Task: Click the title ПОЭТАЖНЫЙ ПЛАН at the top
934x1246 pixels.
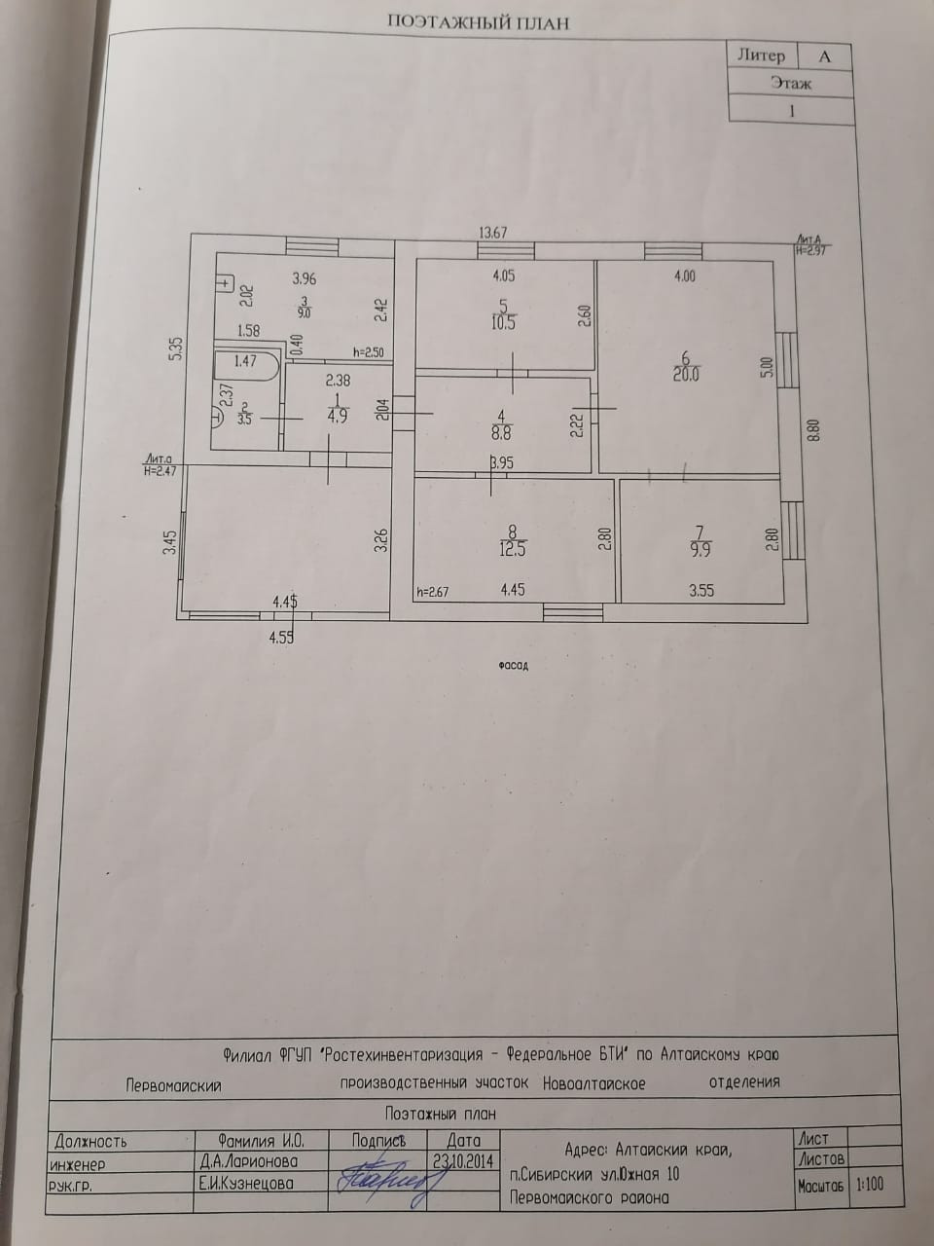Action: pos(478,22)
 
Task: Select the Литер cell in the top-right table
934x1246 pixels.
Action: pos(761,55)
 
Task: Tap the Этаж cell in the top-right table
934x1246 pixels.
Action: pos(791,83)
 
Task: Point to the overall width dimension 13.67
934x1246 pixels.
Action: pos(493,233)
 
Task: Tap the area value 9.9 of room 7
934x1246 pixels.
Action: pos(699,549)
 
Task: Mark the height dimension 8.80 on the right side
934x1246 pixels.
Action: pos(815,429)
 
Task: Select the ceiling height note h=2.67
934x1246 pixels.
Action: pos(431,590)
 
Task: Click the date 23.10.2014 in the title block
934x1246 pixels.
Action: pos(464,1159)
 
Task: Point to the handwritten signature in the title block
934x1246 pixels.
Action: pos(387,1176)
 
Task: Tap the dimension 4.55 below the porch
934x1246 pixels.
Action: pos(281,638)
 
